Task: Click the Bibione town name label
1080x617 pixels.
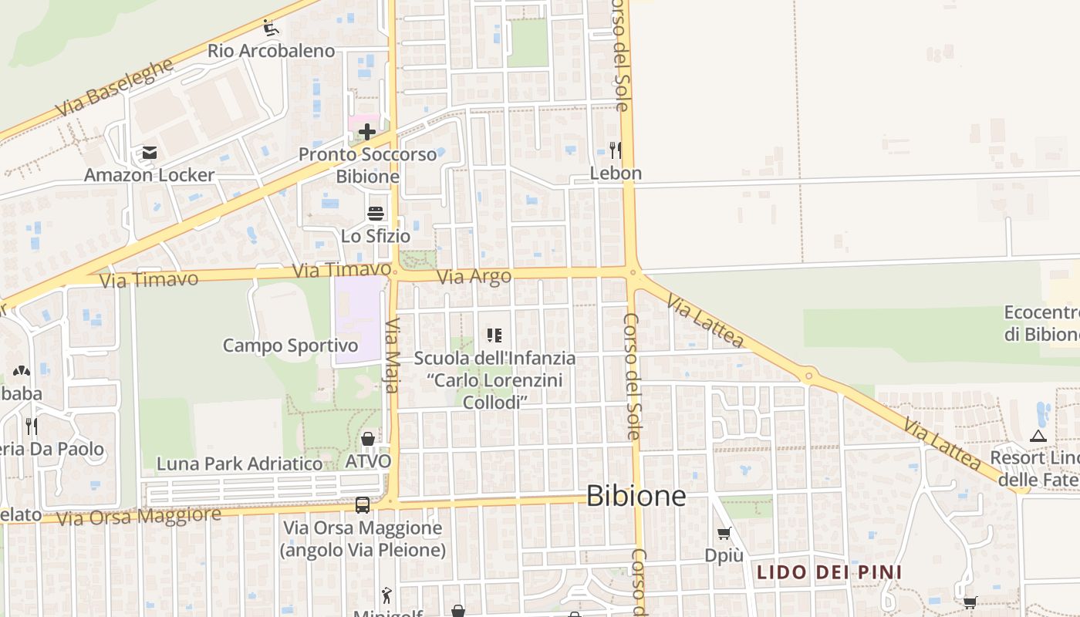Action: pyautogui.click(x=636, y=496)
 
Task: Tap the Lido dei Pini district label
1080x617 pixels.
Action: pyautogui.click(x=829, y=572)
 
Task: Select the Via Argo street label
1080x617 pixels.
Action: pyautogui.click(x=474, y=277)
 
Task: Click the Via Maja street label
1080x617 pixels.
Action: pyautogui.click(x=393, y=356)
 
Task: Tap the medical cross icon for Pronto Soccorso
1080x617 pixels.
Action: pyautogui.click(x=367, y=132)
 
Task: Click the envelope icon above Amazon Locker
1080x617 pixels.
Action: pyautogui.click(x=149, y=153)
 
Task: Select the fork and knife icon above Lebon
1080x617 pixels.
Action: pyautogui.click(x=615, y=150)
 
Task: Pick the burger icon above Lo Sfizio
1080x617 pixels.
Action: pyautogui.click(x=376, y=214)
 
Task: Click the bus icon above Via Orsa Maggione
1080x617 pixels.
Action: pyautogui.click(x=362, y=505)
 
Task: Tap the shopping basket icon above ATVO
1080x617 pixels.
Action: pyautogui.click(x=368, y=439)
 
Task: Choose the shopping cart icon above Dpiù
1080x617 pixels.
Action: pyautogui.click(x=724, y=533)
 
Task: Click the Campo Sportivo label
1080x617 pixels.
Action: pyautogui.click(x=290, y=346)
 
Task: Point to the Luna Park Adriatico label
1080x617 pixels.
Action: pyautogui.click(x=239, y=464)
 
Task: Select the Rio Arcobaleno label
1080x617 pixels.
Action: pyautogui.click(x=271, y=51)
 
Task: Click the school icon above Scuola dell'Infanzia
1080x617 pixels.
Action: pyautogui.click(x=494, y=335)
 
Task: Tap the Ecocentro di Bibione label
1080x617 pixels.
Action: pyautogui.click(x=1041, y=323)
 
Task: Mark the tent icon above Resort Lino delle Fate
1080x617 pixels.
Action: pyautogui.click(x=1038, y=437)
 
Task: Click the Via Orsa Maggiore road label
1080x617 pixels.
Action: pyautogui.click(x=139, y=516)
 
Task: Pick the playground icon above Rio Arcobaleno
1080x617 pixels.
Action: pyautogui.click(x=270, y=29)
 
